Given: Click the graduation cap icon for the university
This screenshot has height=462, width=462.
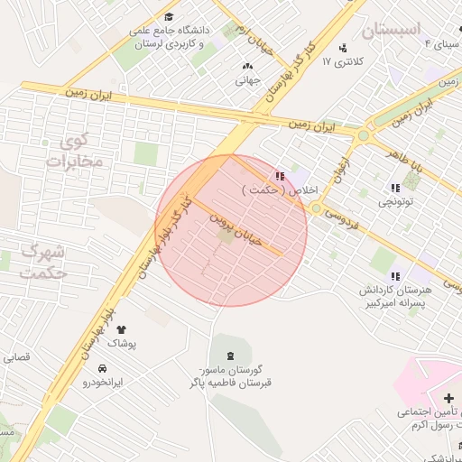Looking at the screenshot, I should coord(170,16).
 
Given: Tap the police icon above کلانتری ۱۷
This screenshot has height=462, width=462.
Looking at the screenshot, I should coord(342,48).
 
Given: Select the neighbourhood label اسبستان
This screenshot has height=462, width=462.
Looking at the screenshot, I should coord(393,30).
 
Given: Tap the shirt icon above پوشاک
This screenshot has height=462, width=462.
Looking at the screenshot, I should coord(122,330).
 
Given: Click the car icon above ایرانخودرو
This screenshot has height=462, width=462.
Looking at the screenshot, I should coord(102,368).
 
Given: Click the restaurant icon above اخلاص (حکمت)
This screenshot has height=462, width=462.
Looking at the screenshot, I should coord(281,176).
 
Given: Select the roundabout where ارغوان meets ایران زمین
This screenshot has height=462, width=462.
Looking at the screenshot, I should coord(363,136).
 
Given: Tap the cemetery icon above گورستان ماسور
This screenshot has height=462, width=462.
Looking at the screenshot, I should coord(228,356).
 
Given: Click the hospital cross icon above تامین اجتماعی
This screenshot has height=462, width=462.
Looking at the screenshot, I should coord(448,398).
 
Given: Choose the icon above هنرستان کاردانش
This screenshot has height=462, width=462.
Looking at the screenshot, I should coord(394,275).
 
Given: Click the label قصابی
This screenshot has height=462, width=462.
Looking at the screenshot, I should coord(17,357).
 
